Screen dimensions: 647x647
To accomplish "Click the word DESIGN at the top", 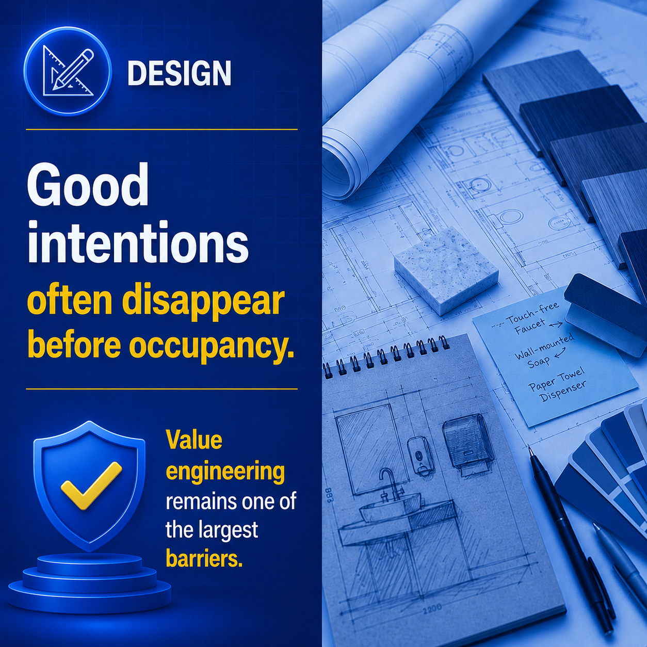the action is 180,73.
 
